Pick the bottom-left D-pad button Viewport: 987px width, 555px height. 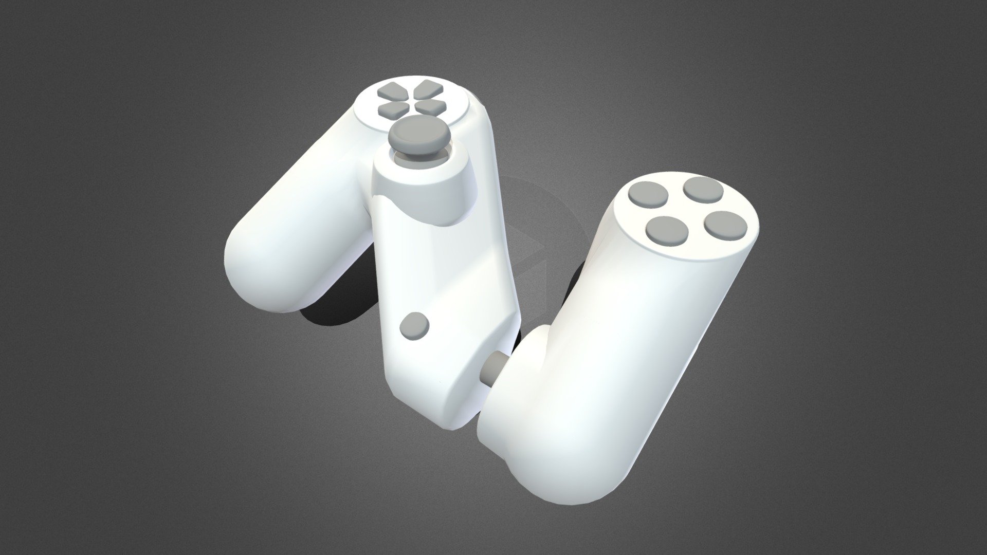click(x=392, y=108)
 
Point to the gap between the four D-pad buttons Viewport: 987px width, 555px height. click(x=410, y=99)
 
